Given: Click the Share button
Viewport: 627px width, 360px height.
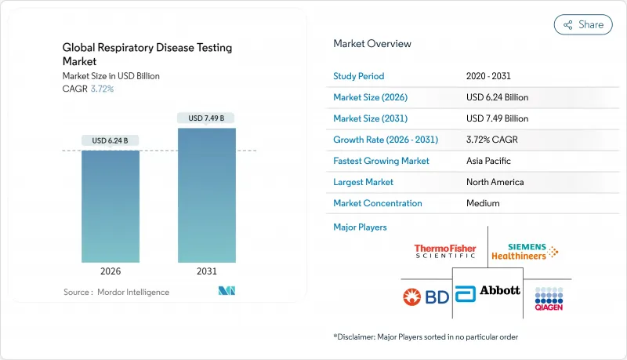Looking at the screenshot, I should tap(583, 24).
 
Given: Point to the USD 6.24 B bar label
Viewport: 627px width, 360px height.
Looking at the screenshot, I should tap(111, 141).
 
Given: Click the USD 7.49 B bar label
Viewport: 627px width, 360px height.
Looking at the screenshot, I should tap(206, 118).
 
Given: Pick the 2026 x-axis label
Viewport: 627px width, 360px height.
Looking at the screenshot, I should tap(111, 272).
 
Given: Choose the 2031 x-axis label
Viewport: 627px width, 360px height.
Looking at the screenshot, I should tap(206, 272).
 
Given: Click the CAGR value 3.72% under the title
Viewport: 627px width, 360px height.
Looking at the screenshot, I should tap(102, 89).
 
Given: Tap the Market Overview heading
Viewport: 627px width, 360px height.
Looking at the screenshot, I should tap(372, 44).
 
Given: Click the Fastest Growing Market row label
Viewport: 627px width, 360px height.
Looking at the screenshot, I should tap(381, 161).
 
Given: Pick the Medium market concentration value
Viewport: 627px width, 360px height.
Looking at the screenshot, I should tap(483, 203).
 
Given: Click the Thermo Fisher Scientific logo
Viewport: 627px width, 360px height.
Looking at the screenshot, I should tap(445, 251).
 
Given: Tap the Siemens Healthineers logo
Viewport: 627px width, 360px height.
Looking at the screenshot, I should tap(525, 252).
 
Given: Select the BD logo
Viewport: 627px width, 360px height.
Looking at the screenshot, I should tap(423, 296).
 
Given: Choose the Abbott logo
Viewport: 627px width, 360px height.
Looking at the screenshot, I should tap(487, 291).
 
